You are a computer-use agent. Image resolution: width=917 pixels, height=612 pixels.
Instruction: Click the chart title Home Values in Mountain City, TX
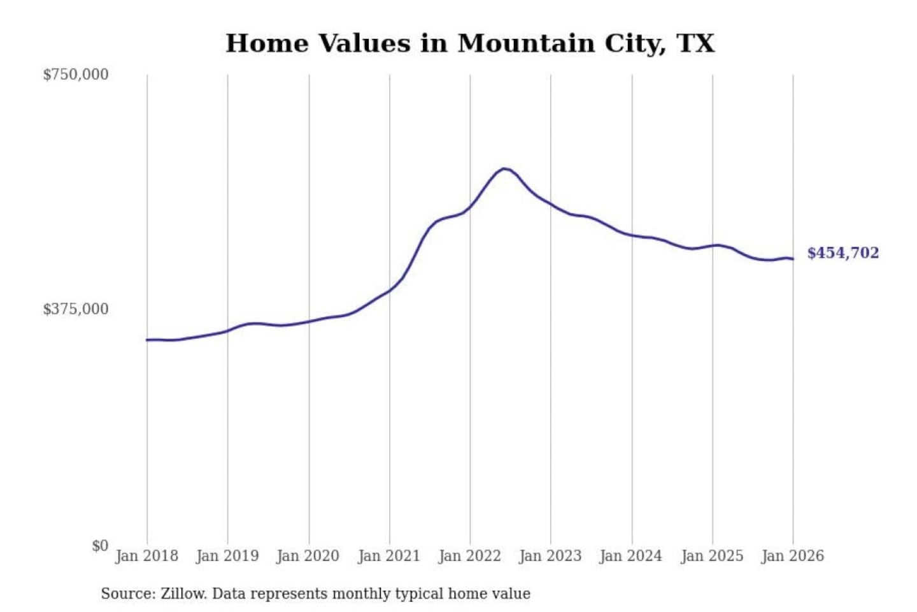470,43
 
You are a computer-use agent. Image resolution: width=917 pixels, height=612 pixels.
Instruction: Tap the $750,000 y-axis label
76,75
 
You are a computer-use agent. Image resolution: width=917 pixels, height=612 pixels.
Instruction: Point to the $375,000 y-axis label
76,309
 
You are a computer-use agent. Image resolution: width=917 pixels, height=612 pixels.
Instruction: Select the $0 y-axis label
100,546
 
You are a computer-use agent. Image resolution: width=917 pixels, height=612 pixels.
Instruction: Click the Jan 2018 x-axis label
146,556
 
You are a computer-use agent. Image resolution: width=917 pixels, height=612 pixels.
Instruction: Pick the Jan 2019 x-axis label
227,556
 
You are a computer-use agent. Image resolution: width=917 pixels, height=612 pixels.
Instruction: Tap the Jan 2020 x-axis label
308,556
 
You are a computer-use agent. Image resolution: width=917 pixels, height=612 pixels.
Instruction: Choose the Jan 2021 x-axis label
389,556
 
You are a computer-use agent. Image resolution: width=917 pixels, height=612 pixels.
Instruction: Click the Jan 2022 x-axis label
470,556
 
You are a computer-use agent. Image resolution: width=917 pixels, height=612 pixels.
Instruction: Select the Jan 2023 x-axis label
550,556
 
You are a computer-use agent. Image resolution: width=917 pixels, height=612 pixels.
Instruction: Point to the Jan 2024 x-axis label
631,556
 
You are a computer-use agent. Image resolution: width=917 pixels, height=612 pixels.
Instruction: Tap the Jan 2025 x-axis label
712,556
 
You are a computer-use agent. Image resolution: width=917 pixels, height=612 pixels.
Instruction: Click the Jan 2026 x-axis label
793,556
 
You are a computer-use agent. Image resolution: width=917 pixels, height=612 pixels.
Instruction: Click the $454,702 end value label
842,253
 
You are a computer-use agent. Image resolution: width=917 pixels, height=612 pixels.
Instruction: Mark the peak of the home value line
504,169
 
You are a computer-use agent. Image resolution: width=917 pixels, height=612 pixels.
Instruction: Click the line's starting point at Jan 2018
147,340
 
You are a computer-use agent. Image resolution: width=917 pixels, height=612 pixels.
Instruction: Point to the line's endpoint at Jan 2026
793,259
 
